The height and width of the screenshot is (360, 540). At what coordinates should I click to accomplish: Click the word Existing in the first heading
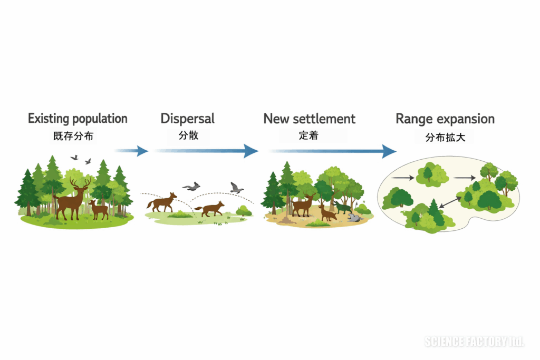(x=49, y=119)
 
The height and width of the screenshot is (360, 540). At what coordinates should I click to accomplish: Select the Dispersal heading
(x=187, y=119)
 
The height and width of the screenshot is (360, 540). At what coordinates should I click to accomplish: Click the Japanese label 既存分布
(x=73, y=136)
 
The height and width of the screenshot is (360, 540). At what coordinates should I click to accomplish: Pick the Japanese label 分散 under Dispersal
(x=188, y=135)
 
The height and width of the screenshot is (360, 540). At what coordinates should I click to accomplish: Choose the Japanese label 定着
(x=308, y=135)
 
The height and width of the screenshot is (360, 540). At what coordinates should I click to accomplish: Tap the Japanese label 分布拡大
(x=445, y=138)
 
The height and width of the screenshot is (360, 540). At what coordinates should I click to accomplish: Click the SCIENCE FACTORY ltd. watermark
(x=474, y=342)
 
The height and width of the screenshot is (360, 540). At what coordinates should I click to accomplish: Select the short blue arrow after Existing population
(x=131, y=151)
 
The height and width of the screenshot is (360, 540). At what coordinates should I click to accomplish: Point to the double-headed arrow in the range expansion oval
(x=450, y=202)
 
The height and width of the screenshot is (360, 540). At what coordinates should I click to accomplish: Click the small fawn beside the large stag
(x=99, y=209)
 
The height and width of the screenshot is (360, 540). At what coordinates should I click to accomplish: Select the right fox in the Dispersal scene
(x=209, y=209)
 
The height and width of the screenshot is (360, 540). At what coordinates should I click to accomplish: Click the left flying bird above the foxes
(x=191, y=187)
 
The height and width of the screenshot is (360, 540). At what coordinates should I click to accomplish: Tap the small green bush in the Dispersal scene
(x=244, y=210)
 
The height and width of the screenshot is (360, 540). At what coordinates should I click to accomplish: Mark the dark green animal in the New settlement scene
(x=343, y=208)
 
